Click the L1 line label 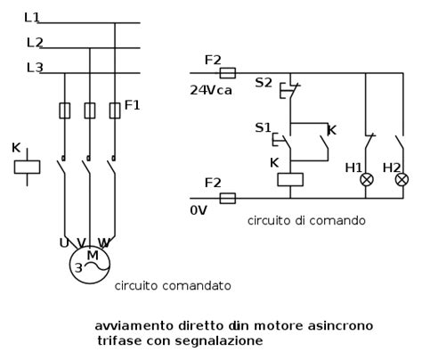point(33,17)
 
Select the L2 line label point(35,42)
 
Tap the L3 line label point(35,67)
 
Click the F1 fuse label point(132,105)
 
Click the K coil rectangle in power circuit point(28,167)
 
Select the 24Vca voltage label point(209,89)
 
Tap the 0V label point(199,212)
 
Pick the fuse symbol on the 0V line point(227,198)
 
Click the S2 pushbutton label point(264,82)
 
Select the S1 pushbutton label point(263,127)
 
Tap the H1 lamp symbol point(366,179)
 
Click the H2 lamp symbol point(402,179)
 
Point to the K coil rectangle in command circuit point(291,178)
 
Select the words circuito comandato point(173,286)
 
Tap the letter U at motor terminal point(64,242)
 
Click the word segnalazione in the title point(223,340)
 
